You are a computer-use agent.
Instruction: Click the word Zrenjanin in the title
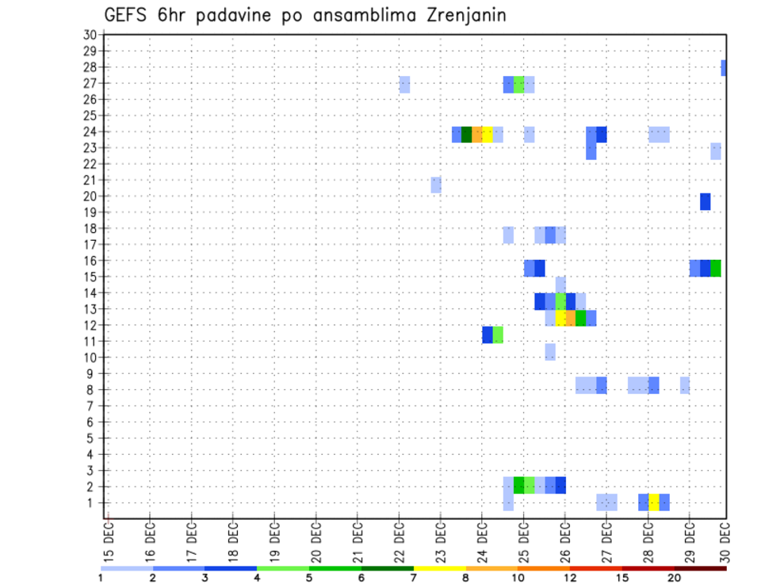461,16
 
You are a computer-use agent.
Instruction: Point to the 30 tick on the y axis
90,35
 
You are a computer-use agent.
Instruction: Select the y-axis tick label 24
90,132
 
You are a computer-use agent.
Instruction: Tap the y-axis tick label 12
90,326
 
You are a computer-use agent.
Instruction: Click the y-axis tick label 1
93,502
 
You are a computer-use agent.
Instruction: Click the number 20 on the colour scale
675,578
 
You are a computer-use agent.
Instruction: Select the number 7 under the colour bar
413,578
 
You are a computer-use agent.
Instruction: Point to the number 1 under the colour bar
101,578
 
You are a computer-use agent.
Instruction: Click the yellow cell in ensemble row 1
654,502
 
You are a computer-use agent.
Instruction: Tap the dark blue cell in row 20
706,201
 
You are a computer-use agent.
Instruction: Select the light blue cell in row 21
436,185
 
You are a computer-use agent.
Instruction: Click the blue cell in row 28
723,68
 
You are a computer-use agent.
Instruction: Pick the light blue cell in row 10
550,351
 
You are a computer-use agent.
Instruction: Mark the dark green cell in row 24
467,134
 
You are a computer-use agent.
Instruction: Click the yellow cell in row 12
560,318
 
